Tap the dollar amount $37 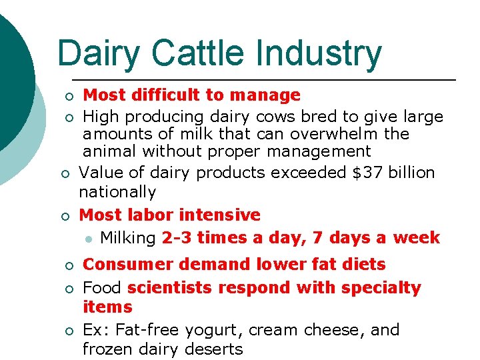(x=364, y=173)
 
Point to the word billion (x=411, y=173)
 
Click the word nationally (x=117, y=193)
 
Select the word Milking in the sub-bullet (x=128, y=238)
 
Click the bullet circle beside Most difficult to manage (x=67, y=97)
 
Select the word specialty (x=381, y=288)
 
